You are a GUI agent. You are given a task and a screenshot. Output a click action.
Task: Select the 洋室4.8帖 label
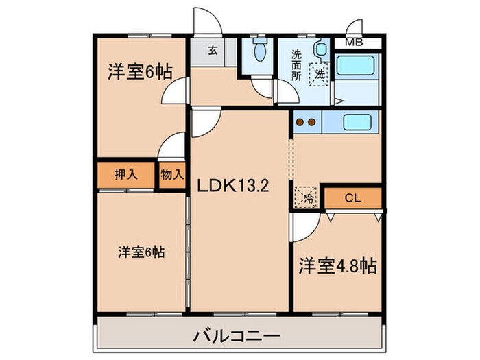point(337,266)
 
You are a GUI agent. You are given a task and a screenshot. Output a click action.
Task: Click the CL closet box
point(352,198)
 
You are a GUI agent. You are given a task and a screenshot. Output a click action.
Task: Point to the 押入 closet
point(125,174)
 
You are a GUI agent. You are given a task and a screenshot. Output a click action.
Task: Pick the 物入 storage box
point(172,174)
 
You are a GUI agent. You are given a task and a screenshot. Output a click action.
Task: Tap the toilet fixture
point(259,50)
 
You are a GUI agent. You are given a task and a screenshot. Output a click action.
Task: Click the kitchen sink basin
point(357,123)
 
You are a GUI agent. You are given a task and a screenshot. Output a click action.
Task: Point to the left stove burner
point(300,123)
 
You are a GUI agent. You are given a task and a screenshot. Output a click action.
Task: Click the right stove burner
point(312,123)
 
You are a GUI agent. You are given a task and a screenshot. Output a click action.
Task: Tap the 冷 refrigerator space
point(307,197)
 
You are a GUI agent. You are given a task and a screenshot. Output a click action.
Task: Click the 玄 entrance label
point(214,49)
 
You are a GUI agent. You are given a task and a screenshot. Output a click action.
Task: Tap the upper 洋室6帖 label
point(139,71)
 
